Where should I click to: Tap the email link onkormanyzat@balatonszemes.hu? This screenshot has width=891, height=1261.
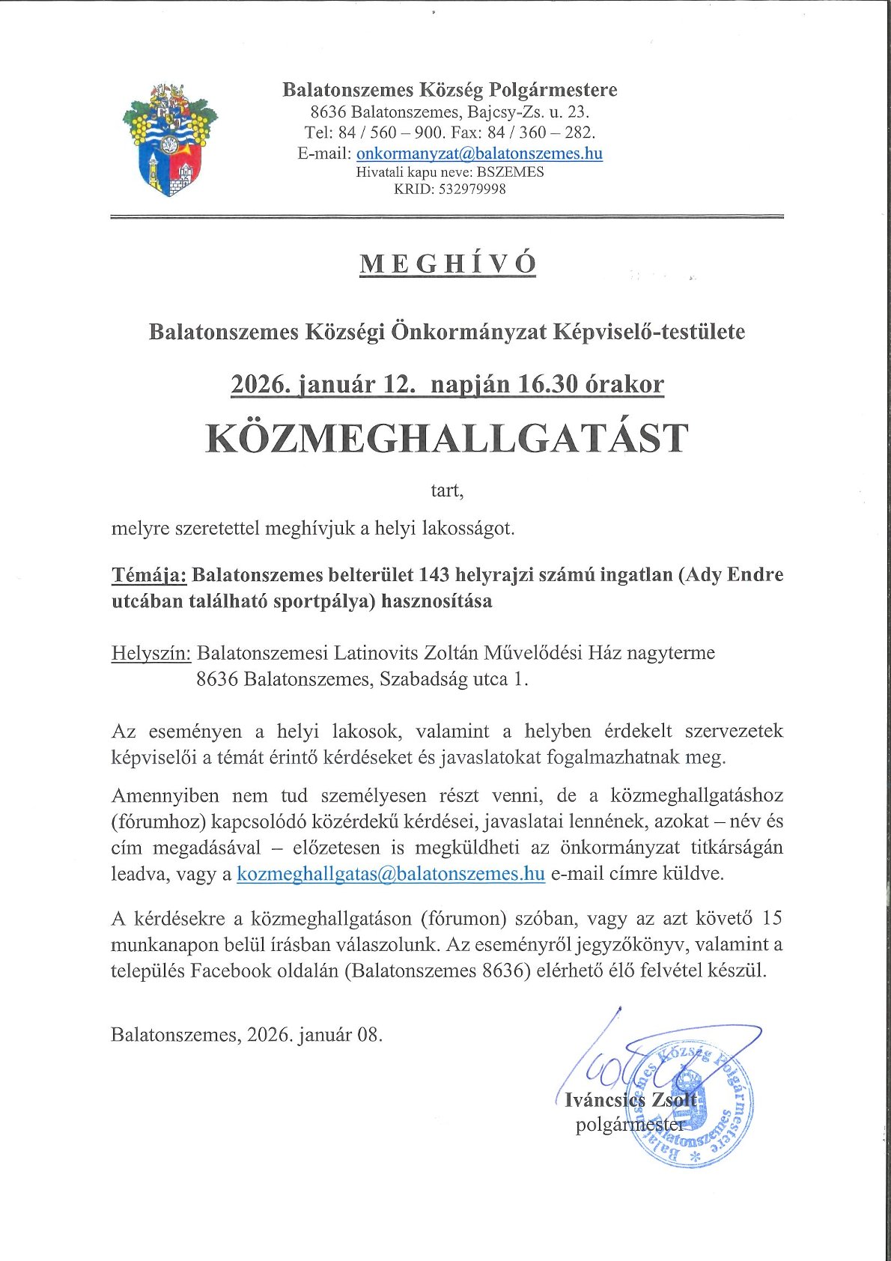coord(479,154)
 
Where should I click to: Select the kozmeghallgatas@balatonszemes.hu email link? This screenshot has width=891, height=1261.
coord(391,874)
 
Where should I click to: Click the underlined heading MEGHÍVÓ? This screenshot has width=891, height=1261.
coord(448,264)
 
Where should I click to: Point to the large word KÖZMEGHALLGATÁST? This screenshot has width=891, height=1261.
coord(447,439)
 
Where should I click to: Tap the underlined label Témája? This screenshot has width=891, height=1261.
coord(149,575)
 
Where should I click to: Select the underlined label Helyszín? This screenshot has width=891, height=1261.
coord(151,653)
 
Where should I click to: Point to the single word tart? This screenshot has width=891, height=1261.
coord(447,491)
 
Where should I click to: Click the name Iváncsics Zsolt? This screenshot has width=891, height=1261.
coord(631,1100)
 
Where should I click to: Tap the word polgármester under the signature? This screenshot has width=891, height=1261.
coord(630,1125)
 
